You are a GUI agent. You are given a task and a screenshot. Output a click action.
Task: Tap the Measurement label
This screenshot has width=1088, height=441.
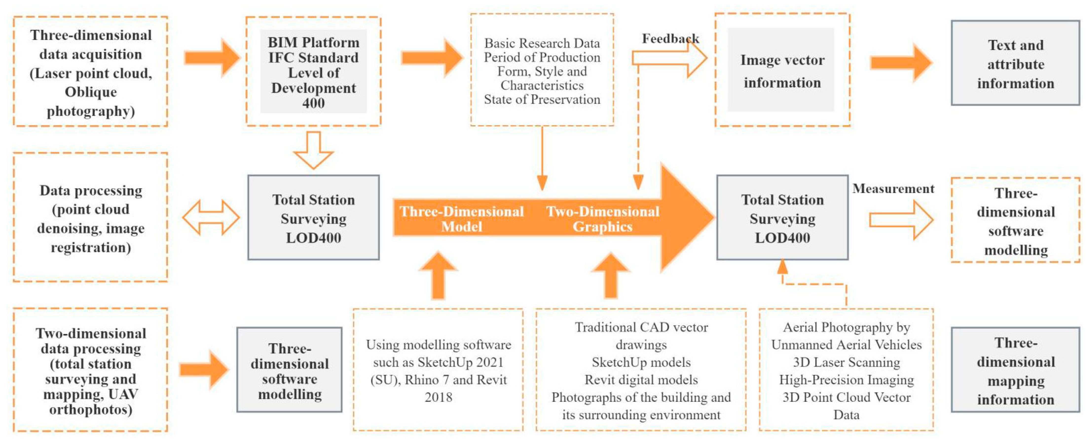[893, 189]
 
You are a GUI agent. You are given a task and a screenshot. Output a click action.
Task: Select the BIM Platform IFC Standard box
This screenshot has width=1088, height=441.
[313, 71]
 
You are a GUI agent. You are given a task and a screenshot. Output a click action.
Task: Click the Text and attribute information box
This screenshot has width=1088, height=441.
[1015, 63]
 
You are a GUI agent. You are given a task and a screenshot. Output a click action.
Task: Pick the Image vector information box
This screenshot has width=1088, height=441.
[782, 70]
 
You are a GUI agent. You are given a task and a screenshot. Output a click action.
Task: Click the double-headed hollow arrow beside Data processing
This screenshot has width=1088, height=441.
[211, 218]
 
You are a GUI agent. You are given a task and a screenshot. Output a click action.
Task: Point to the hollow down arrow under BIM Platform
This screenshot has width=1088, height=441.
[313, 150]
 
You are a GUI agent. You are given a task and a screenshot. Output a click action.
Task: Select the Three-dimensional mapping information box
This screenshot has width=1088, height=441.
[1015, 370]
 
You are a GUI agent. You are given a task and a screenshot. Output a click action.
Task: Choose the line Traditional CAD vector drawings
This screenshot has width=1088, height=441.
[641, 336]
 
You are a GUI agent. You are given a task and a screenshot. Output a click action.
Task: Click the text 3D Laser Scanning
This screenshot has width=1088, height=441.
[847, 362]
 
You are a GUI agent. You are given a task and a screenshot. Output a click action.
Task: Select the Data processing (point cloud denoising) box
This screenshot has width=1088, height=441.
[91, 218]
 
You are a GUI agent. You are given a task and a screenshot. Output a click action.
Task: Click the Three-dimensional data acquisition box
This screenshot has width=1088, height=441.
[91, 72]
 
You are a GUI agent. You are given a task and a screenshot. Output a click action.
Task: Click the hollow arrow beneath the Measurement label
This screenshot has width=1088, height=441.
[901, 220]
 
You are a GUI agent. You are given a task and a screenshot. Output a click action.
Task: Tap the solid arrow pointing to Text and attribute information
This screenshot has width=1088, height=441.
[901, 62]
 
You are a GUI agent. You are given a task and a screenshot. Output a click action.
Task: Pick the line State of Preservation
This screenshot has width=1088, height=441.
[542, 99]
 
